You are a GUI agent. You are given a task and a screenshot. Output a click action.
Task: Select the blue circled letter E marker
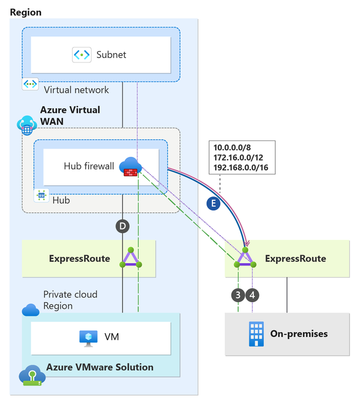click(x=214, y=205)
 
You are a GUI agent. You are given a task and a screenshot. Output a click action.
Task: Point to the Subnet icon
click(x=81, y=54)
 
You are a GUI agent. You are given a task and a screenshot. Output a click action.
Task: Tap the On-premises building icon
click(x=256, y=333)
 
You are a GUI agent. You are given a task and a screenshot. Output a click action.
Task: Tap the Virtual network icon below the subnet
click(x=30, y=85)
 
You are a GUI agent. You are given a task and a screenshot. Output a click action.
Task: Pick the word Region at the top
click(x=25, y=12)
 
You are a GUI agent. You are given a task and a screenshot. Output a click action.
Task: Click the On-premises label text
click(x=299, y=333)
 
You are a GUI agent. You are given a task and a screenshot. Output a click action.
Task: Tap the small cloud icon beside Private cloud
click(x=30, y=310)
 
